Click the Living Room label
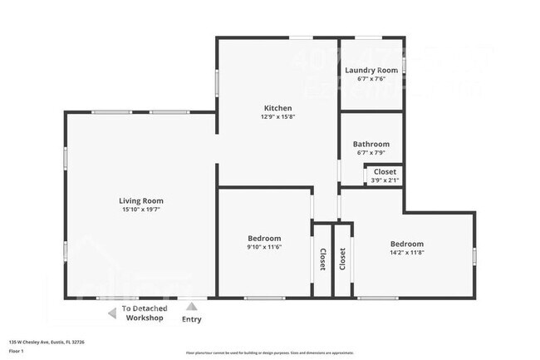(140, 200)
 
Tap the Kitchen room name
(277, 108)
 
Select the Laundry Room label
(371, 71)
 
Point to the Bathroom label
(371, 144)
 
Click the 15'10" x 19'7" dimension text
(140, 210)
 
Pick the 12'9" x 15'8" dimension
(277, 117)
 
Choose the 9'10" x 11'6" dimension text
(264, 247)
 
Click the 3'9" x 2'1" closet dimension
(385, 180)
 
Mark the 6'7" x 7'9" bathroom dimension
(371, 153)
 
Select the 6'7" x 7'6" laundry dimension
(371, 80)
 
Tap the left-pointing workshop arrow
(112, 313)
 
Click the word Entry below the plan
(191, 319)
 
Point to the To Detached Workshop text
(143, 313)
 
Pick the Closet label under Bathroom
(385, 172)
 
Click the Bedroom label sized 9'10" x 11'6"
(264, 238)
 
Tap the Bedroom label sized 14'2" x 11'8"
(407, 244)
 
